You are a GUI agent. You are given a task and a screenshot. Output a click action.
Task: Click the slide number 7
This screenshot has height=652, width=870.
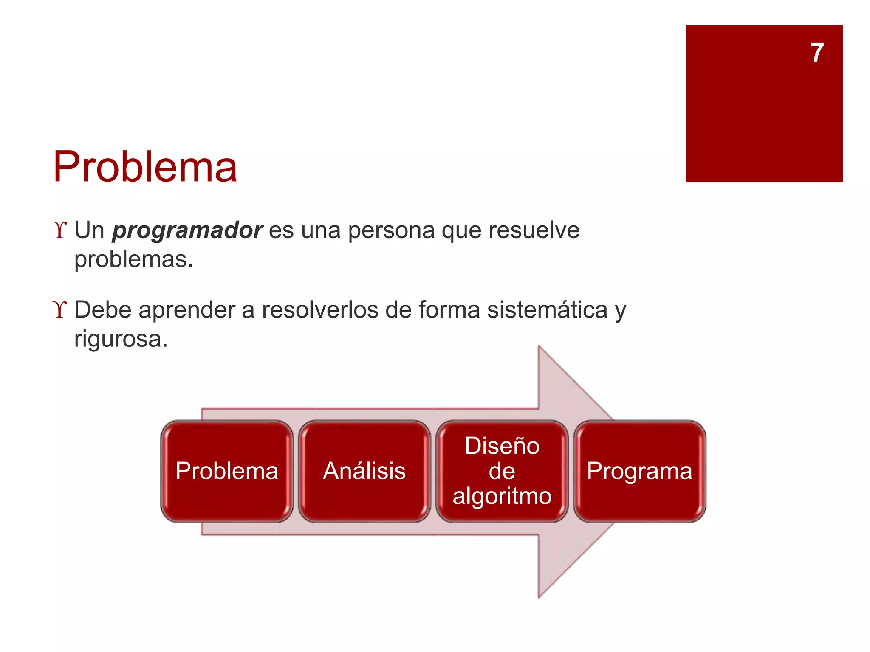click(x=817, y=53)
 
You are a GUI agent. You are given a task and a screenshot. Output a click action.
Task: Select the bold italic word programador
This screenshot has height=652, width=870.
click(x=187, y=230)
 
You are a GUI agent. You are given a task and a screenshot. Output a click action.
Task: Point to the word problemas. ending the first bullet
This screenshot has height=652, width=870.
click(x=133, y=259)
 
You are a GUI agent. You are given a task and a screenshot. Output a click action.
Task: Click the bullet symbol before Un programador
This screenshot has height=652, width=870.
click(x=60, y=230)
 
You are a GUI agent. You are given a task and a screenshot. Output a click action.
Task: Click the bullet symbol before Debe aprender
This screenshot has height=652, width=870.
click(x=60, y=309)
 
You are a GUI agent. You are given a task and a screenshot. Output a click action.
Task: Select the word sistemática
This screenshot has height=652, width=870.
click(x=547, y=309)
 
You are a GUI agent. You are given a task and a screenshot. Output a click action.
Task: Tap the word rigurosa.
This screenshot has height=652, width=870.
click(x=121, y=339)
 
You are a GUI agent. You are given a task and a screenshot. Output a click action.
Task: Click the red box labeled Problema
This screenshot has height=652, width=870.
click(x=227, y=471)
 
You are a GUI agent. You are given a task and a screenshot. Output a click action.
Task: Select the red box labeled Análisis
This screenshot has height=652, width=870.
click(x=364, y=471)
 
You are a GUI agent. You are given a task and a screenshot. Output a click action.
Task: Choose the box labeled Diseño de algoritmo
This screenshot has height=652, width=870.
click(x=502, y=471)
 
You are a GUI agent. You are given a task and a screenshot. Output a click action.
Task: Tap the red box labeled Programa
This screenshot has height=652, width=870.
click(x=639, y=471)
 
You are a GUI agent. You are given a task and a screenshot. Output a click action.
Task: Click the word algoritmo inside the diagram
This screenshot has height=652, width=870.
click(x=502, y=496)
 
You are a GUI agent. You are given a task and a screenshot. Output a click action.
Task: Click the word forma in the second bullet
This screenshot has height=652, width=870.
click(x=449, y=309)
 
